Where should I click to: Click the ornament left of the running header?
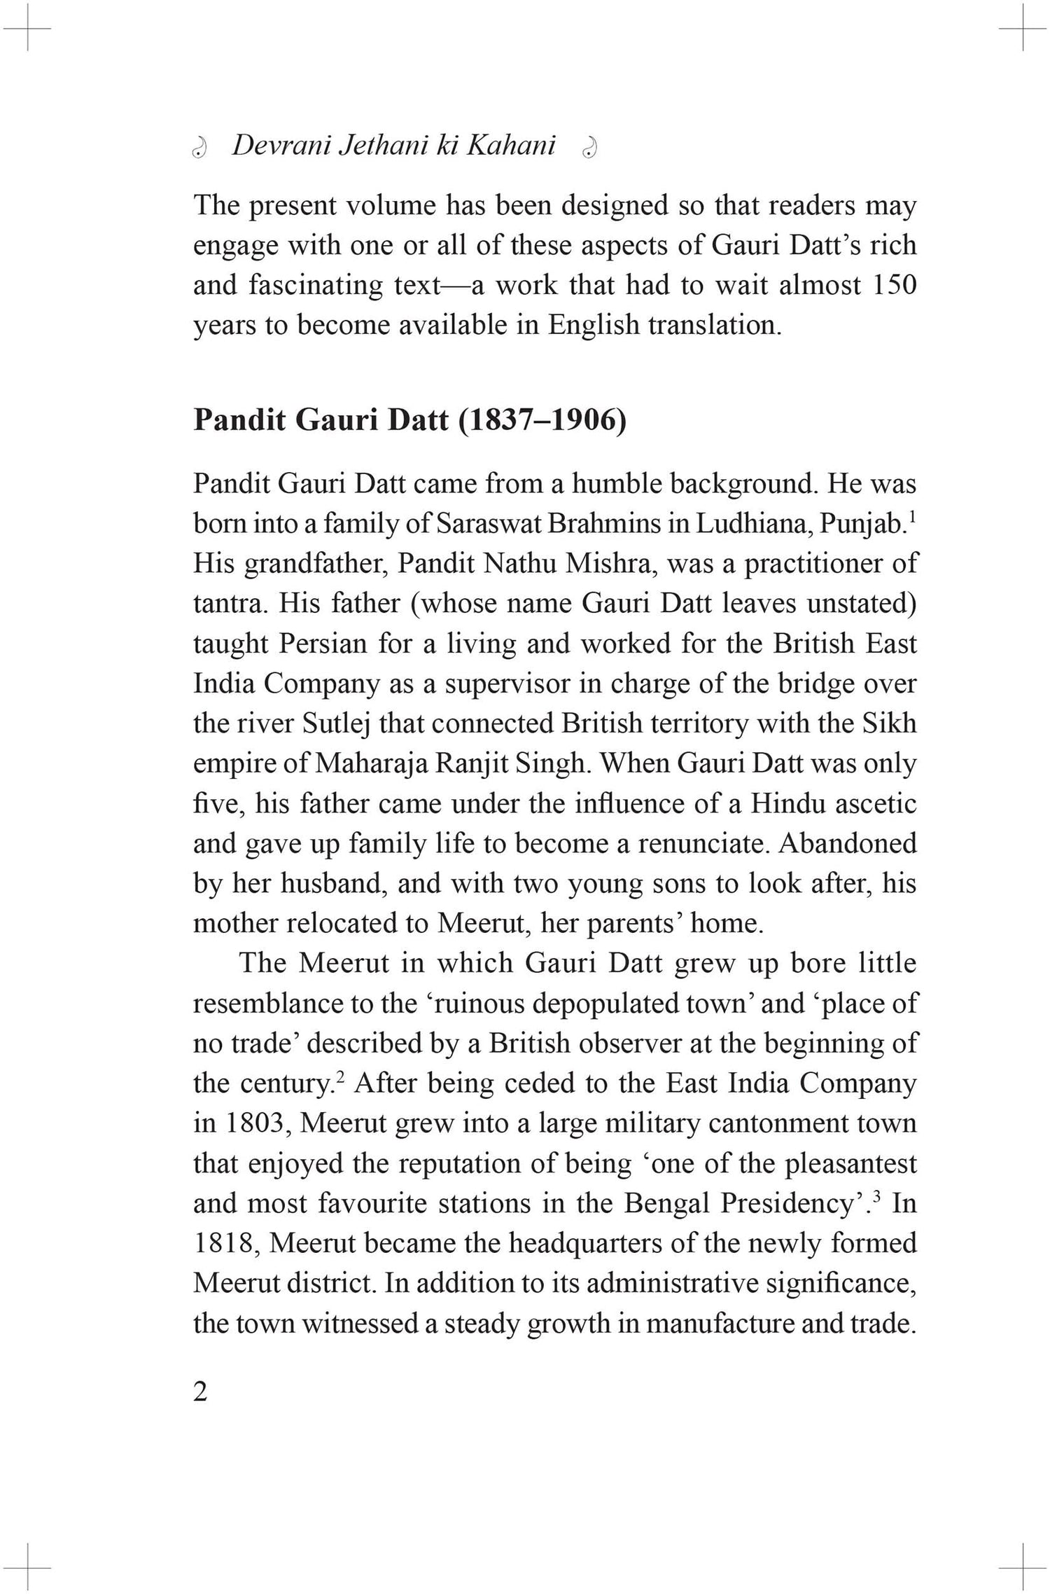(200, 148)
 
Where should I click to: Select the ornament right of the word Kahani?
(590, 148)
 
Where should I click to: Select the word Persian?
(323, 644)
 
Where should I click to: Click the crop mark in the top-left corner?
(28, 29)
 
